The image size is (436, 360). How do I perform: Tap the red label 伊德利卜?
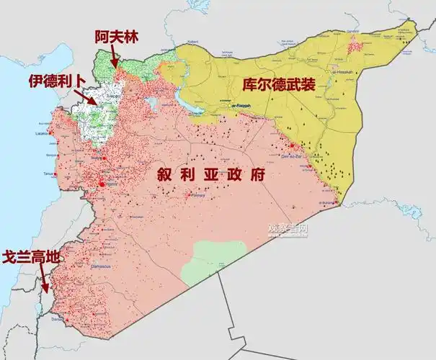pos(56,81)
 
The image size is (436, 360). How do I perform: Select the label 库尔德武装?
pos(278,84)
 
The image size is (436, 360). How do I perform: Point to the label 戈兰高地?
pos(30,256)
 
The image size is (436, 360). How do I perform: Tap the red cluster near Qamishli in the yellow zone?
pos(355,46)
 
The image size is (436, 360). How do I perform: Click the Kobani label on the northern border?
pos(192,42)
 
